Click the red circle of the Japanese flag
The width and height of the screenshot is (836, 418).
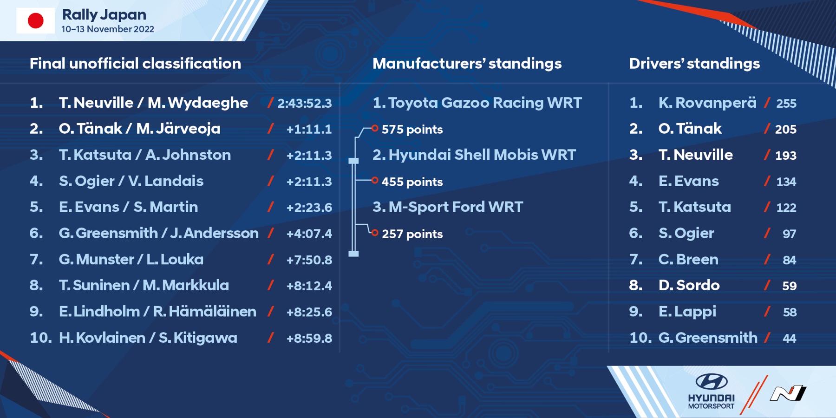36,21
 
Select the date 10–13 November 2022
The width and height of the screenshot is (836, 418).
108,29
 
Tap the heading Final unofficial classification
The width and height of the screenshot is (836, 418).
135,64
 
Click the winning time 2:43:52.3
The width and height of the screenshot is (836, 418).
305,103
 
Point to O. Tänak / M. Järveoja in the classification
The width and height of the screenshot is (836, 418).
139,129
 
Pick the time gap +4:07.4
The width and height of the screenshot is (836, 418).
309,234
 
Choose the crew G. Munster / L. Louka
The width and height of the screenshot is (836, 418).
131,259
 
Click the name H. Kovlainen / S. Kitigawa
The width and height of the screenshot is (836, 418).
148,338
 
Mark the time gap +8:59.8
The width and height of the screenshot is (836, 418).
309,338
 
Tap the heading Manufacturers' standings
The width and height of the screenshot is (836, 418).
467,64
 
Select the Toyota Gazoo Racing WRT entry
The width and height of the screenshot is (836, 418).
477,103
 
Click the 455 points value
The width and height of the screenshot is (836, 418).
412,182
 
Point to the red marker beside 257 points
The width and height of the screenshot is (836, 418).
375,233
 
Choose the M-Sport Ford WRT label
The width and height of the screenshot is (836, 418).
448,207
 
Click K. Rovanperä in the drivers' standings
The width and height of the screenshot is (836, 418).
707,103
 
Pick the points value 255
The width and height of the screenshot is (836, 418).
786,103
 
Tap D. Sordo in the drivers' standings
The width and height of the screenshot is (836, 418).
689,285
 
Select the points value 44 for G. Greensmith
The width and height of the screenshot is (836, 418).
790,338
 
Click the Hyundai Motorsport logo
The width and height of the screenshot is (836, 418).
711,391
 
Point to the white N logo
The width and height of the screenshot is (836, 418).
788,393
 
